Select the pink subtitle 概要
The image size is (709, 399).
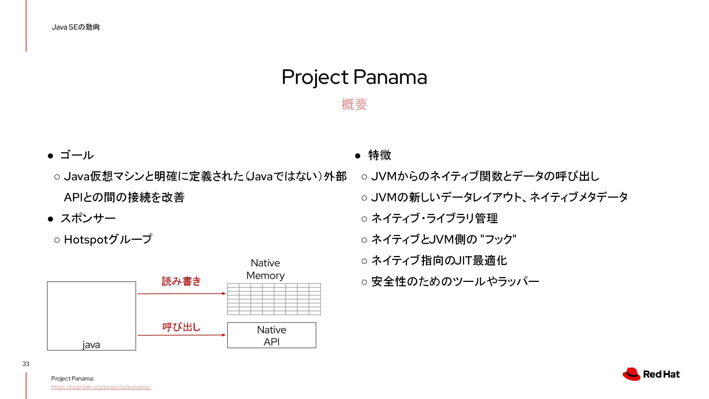tap(354, 105)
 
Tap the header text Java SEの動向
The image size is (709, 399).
tap(76, 27)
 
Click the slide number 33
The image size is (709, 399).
tap(26, 364)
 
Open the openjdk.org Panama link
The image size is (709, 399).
tap(101, 387)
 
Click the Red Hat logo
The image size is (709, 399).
tap(651, 374)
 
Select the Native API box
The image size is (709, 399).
tap(272, 335)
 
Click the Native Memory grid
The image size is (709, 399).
tap(274, 299)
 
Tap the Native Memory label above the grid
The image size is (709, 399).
tap(266, 269)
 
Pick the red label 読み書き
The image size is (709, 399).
tap(181, 282)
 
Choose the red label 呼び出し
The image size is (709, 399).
tap(181, 327)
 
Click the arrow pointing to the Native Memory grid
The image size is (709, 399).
tap(182, 294)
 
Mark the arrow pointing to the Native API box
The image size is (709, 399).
tap(182, 335)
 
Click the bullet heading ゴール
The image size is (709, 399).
tap(77, 155)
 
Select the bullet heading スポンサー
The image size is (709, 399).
tap(88, 218)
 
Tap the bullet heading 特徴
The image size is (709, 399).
tap(380, 155)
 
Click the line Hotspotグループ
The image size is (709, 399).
tap(108, 239)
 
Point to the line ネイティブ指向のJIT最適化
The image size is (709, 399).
tap(439, 260)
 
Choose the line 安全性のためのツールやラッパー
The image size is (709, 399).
tap(455, 282)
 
